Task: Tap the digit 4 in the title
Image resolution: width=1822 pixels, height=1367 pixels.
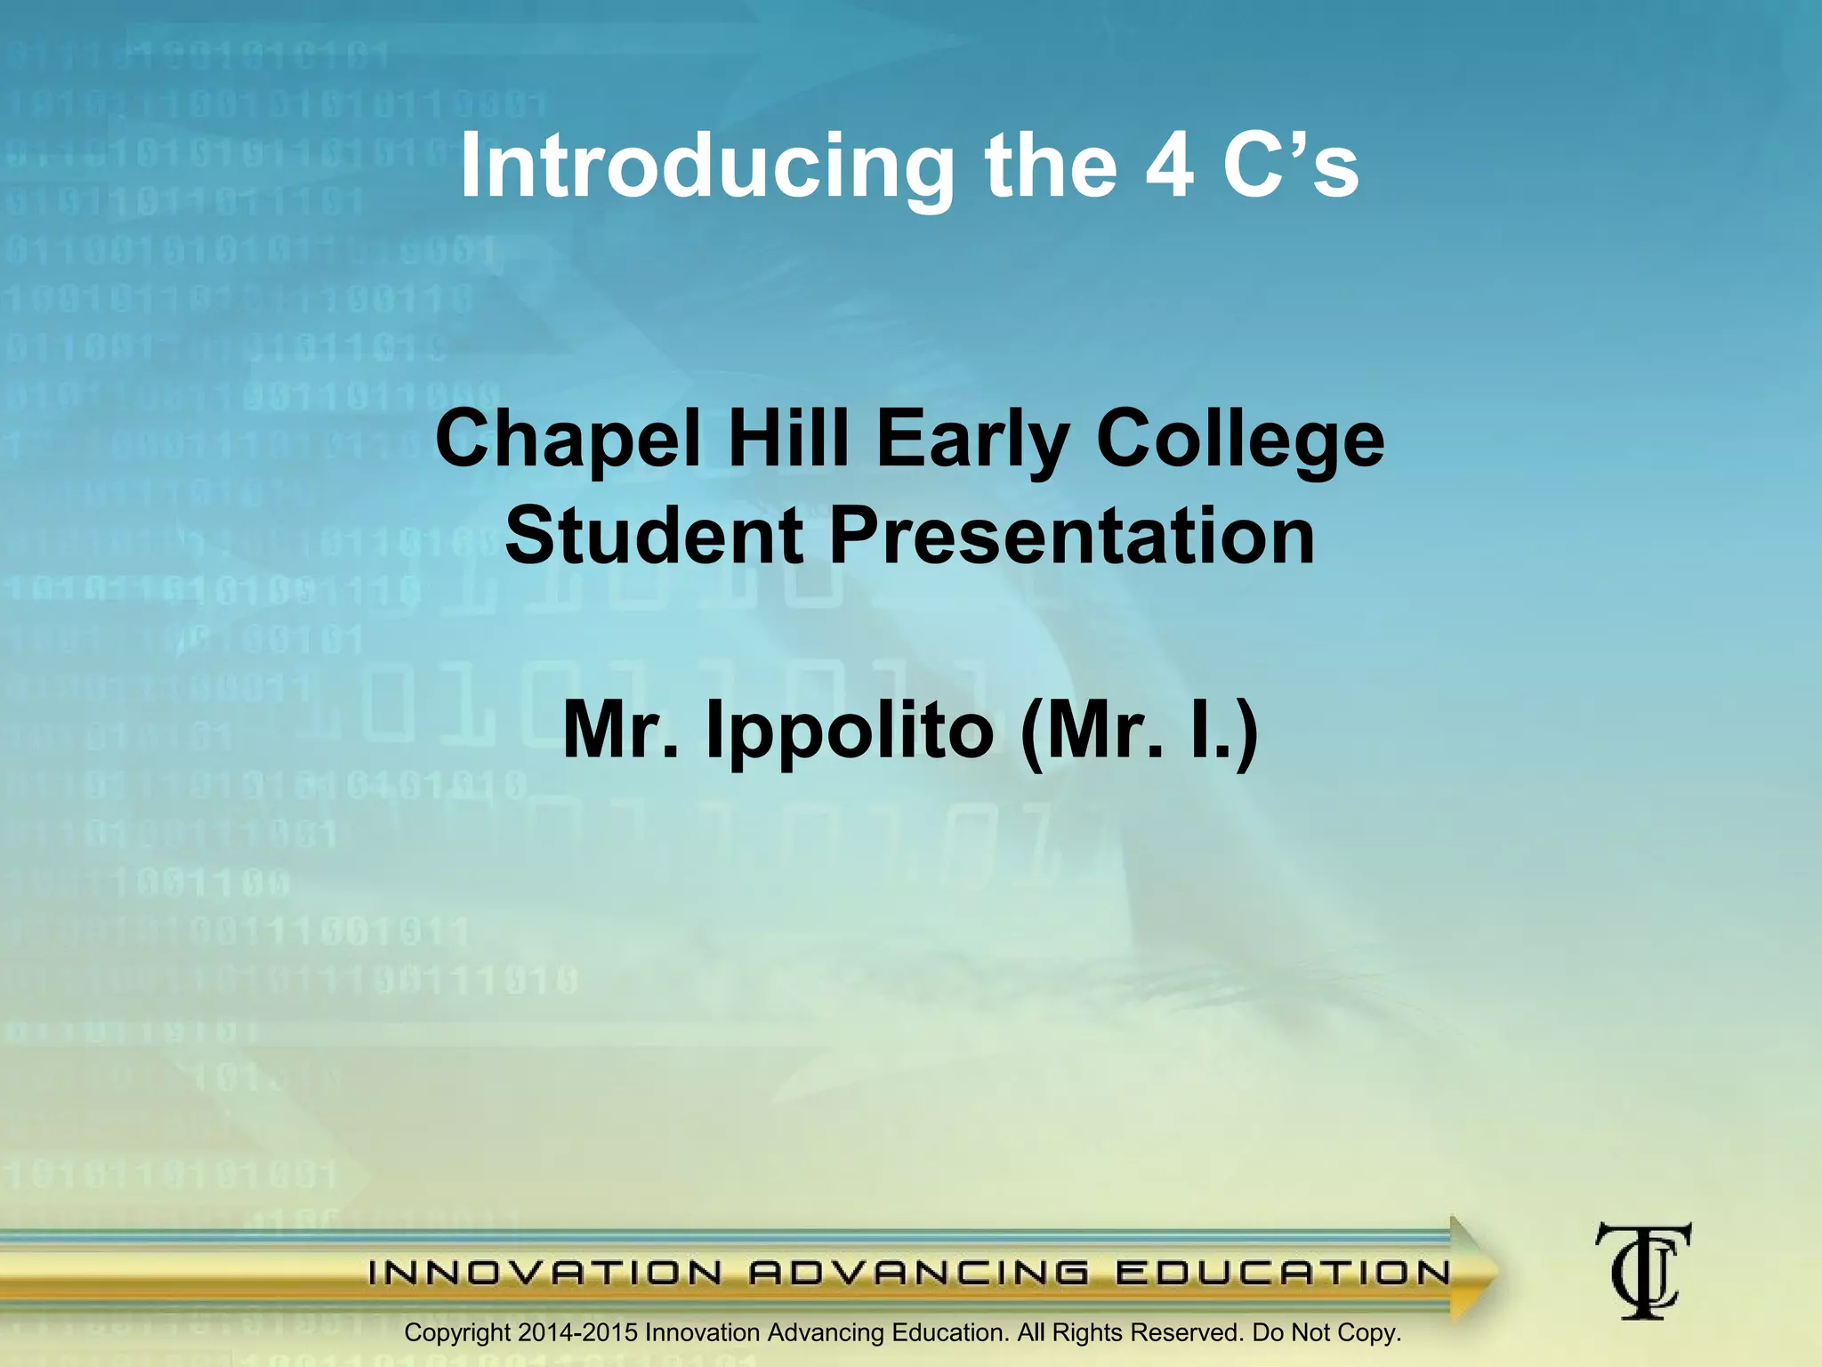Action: [x=1169, y=165]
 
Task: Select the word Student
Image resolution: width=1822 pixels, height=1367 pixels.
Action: [x=654, y=536]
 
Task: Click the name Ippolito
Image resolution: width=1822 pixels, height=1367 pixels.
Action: [x=849, y=732]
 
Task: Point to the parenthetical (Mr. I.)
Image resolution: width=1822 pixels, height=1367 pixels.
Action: [x=1140, y=732]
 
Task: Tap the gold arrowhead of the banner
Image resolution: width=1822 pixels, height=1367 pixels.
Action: [x=1472, y=1271]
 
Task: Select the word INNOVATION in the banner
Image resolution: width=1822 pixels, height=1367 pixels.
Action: [x=544, y=1274]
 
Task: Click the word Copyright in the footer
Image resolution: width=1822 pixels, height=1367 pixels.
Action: [x=457, y=1333]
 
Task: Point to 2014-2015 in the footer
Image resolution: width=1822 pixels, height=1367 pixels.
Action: [x=578, y=1332]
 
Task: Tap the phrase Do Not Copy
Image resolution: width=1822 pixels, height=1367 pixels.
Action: [x=1326, y=1332]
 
